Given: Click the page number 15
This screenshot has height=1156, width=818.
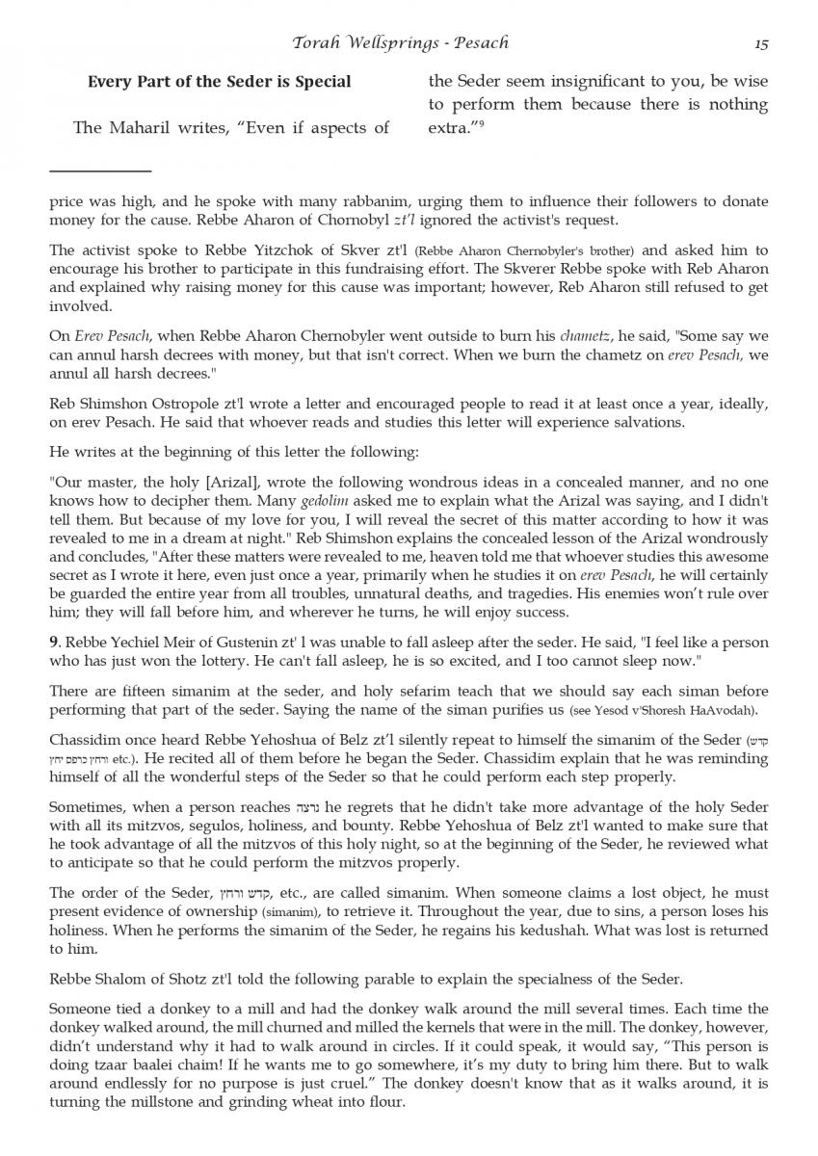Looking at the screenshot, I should pyautogui.click(x=760, y=43).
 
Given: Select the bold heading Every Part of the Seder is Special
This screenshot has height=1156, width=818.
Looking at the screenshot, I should pyautogui.click(x=219, y=82).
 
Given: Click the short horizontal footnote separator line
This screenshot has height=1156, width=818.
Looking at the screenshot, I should pyautogui.click(x=100, y=171).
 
